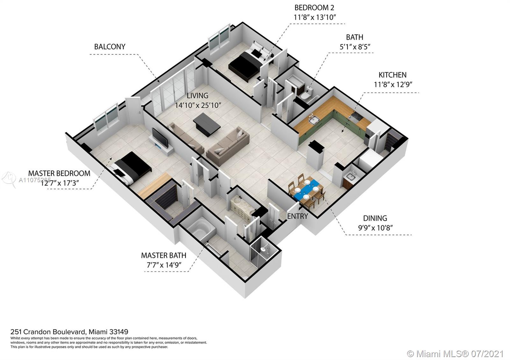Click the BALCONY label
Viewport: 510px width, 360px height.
tap(110, 47)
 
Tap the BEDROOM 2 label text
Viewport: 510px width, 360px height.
tap(314, 8)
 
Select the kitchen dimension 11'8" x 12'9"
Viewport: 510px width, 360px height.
tap(393, 85)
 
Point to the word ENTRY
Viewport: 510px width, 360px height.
tap(297, 216)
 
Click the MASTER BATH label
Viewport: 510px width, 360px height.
tap(164, 255)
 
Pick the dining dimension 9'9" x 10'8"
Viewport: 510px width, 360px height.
tap(375, 227)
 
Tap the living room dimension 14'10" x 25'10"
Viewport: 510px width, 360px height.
tap(198, 105)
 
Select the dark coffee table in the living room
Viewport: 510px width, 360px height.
tap(207, 125)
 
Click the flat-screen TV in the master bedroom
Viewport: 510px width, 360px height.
tap(160, 138)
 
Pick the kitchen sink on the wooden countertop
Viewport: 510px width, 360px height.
tap(314, 119)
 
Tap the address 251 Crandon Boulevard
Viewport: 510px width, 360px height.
tap(48, 332)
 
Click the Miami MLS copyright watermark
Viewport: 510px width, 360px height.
tap(455, 354)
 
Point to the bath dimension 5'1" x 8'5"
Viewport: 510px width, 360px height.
tap(355, 47)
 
